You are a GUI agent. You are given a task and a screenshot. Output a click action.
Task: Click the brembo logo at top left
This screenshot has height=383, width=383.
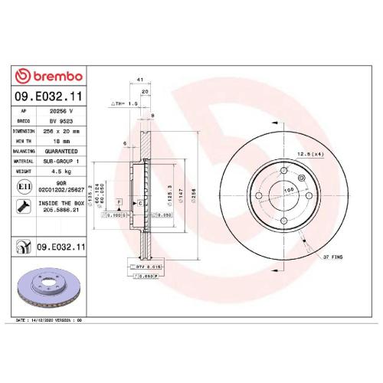50,76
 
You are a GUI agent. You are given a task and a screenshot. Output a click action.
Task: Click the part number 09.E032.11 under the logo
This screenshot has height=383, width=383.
50,97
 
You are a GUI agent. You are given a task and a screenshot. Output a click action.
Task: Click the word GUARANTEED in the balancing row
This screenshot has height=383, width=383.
60,152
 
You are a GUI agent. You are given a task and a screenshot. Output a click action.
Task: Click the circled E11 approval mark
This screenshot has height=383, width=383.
24,185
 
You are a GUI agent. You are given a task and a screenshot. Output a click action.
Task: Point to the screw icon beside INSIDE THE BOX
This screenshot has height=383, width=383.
24,205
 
